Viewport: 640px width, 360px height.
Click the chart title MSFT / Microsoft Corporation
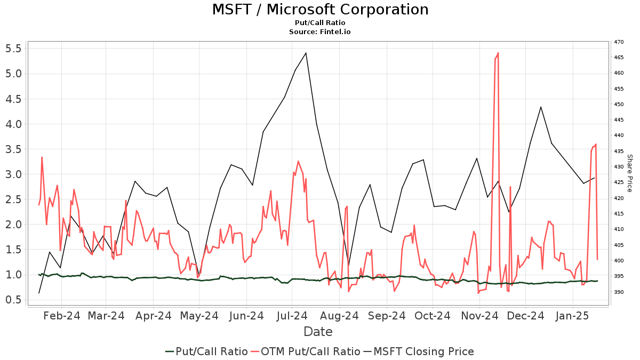pyautogui.click(x=320, y=10)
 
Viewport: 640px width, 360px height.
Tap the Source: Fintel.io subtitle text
pyautogui.click(x=320, y=31)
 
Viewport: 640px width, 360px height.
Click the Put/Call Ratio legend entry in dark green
pyautogui.click(x=206, y=351)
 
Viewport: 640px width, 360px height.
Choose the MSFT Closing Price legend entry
pyautogui.click(x=419, y=351)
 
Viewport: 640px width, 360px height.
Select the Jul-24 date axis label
pyautogui.click(x=291, y=316)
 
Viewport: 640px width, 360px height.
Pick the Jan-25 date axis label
pyautogui.click(x=573, y=316)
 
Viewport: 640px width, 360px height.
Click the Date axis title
pyautogui.click(x=318, y=332)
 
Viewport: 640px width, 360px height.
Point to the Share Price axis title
pyautogui.click(x=629, y=173)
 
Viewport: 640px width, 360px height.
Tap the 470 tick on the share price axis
pyautogui.click(x=619, y=42)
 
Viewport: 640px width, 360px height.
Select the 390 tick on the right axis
pyautogui.click(x=619, y=292)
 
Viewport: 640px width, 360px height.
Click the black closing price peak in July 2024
pyautogui.click(x=306, y=53)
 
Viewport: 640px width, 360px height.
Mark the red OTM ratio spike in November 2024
pyautogui.click(x=498, y=53)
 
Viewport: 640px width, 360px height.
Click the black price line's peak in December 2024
pyautogui.click(x=541, y=107)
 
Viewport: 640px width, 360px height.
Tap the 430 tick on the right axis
pyautogui.click(x=619, y=167)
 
